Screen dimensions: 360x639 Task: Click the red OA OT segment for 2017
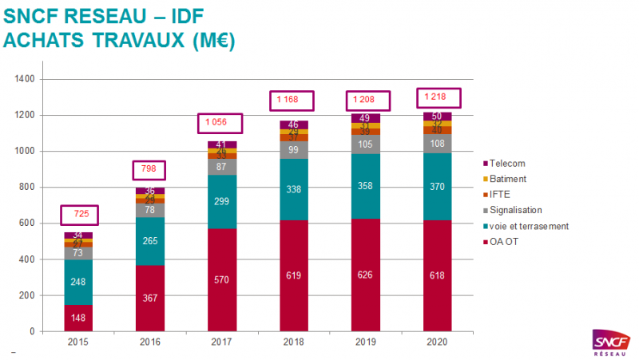coord(222,279)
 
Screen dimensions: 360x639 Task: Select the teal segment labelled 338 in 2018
coord(294,190)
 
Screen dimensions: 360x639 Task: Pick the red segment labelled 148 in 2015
coord(78,318)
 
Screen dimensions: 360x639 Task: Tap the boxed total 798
coord(149,170)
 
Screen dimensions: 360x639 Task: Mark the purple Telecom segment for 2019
coord(366,118)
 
